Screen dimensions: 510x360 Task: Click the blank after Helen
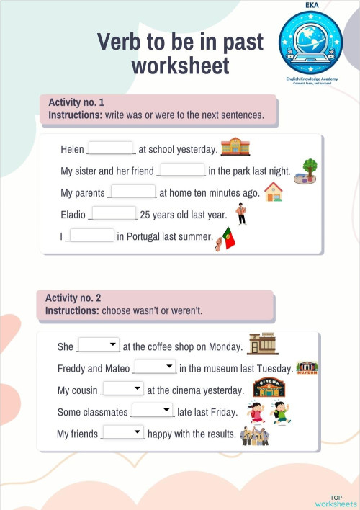[x=112, y=148]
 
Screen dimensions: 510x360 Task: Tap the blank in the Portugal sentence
[x=91, y=236]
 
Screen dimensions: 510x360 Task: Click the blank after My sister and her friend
[x=181, y=170]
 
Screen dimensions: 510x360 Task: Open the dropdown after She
[x=99, y=345]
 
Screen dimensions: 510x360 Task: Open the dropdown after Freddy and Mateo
[x=155, y=367]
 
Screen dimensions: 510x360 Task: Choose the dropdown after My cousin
[x=123, y=389]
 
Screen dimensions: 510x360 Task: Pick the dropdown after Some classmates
[x=152, y=411]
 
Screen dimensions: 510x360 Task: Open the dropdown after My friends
[x=124, y=432]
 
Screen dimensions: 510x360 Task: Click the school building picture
[x=235, y=146]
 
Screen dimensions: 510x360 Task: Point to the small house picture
[x=274, y=192]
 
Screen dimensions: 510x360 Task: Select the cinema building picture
[x=269, y=388]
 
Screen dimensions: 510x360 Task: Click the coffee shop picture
[x=261, y=344]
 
